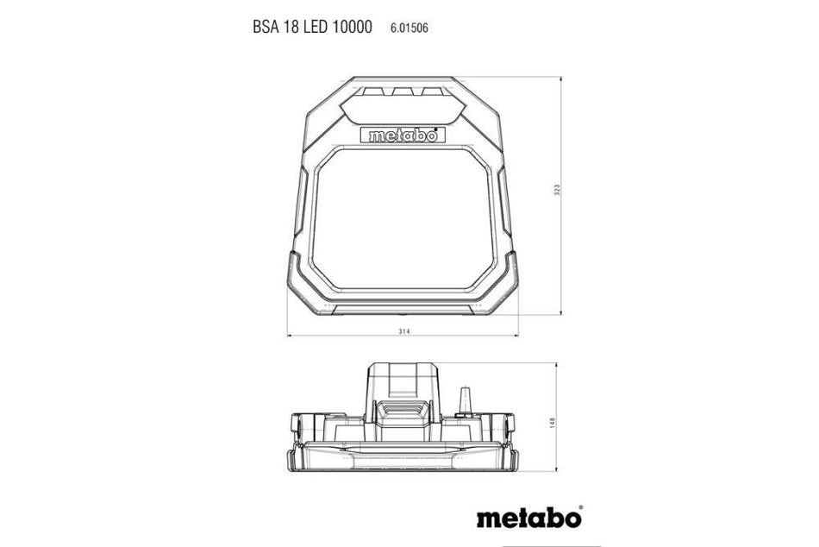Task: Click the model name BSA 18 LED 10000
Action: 312,28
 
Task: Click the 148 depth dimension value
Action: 553,423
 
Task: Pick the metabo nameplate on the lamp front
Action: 403,135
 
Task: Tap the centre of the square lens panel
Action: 403,221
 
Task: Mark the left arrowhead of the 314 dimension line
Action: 291,336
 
